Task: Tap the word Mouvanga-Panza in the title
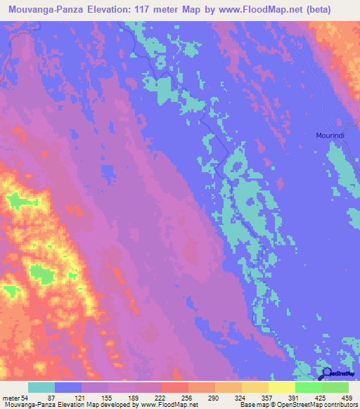click(x=46, y=8)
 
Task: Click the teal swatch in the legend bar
click(x=41, y=388)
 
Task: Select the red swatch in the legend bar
click(x=175, y=388)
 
